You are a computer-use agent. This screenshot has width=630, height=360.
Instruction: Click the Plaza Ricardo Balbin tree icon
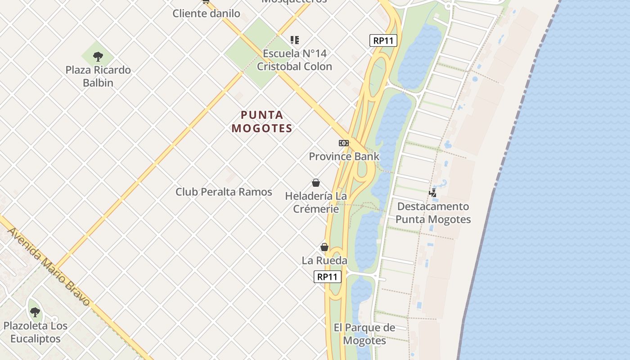(x=98, y=57)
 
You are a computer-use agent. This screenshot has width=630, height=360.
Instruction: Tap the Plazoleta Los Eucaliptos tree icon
(x=35, y=312)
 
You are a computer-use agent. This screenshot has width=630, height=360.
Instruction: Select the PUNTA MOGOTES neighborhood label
(x=262, y=121)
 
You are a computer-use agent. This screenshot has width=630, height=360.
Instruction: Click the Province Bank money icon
(x=344, y=143)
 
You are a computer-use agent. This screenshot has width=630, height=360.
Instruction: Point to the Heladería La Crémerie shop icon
(x=316, y=183)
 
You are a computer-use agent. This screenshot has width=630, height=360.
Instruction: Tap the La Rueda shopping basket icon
(x=324, y=247)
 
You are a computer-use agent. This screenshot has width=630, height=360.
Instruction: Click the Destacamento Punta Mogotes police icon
(x=432, y=193)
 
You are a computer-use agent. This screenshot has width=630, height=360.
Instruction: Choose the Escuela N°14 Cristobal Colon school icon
(x=295, y=40)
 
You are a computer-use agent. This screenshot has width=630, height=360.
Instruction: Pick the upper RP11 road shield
(x=383, y=40)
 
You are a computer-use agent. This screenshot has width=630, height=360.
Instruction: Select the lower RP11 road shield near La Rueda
(x=327, y=277)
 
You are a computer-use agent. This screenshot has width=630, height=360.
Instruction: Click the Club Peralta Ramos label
(x=224, y=192)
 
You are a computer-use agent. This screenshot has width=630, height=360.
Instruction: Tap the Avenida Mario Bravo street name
(x=49, y=266)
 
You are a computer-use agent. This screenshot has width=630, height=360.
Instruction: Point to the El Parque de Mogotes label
(x=364, y=334)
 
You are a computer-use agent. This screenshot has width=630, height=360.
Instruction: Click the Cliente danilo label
(x=207, y=13)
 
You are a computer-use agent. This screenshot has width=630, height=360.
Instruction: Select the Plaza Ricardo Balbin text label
(x=98, y=76)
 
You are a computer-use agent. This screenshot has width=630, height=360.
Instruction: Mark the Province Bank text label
(x=344, y=157)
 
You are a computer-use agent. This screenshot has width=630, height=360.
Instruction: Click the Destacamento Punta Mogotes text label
(x=433, y=213)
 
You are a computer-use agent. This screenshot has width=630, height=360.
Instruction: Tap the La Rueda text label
(x=324, y=261)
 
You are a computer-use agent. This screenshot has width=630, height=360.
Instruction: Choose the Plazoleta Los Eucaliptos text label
(x=35, y=332)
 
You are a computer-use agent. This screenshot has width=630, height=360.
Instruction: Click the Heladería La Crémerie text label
(x=316, y=202)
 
